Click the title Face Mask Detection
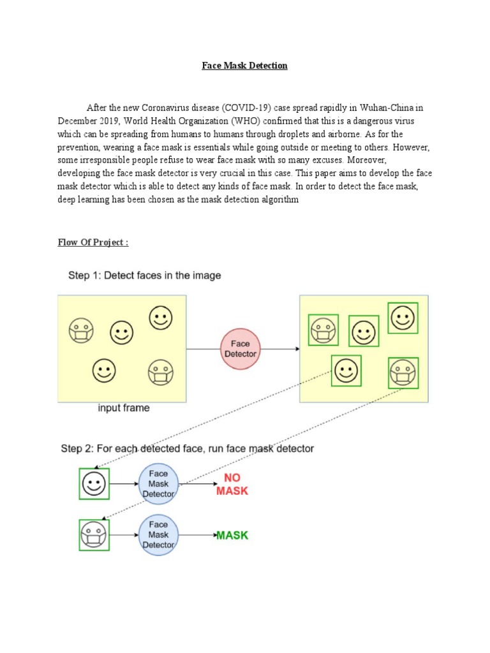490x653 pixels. coord(244,66)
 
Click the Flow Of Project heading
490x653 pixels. coord(93,242)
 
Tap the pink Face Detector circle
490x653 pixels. coord(241,349)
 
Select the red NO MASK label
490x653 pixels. coord(232,485)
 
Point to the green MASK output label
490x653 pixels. coord(232,535)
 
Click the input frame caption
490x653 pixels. coord(123,407)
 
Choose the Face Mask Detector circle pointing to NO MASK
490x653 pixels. coord(158,484)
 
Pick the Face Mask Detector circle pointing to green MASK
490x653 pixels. coord(158,535)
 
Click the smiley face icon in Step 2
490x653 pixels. coord(94,484)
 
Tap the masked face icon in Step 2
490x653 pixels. coord(94,535)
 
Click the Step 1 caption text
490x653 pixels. coord(145,275)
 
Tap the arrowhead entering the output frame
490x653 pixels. coord(296,349)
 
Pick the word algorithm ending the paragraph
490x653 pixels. coord(279,200)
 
